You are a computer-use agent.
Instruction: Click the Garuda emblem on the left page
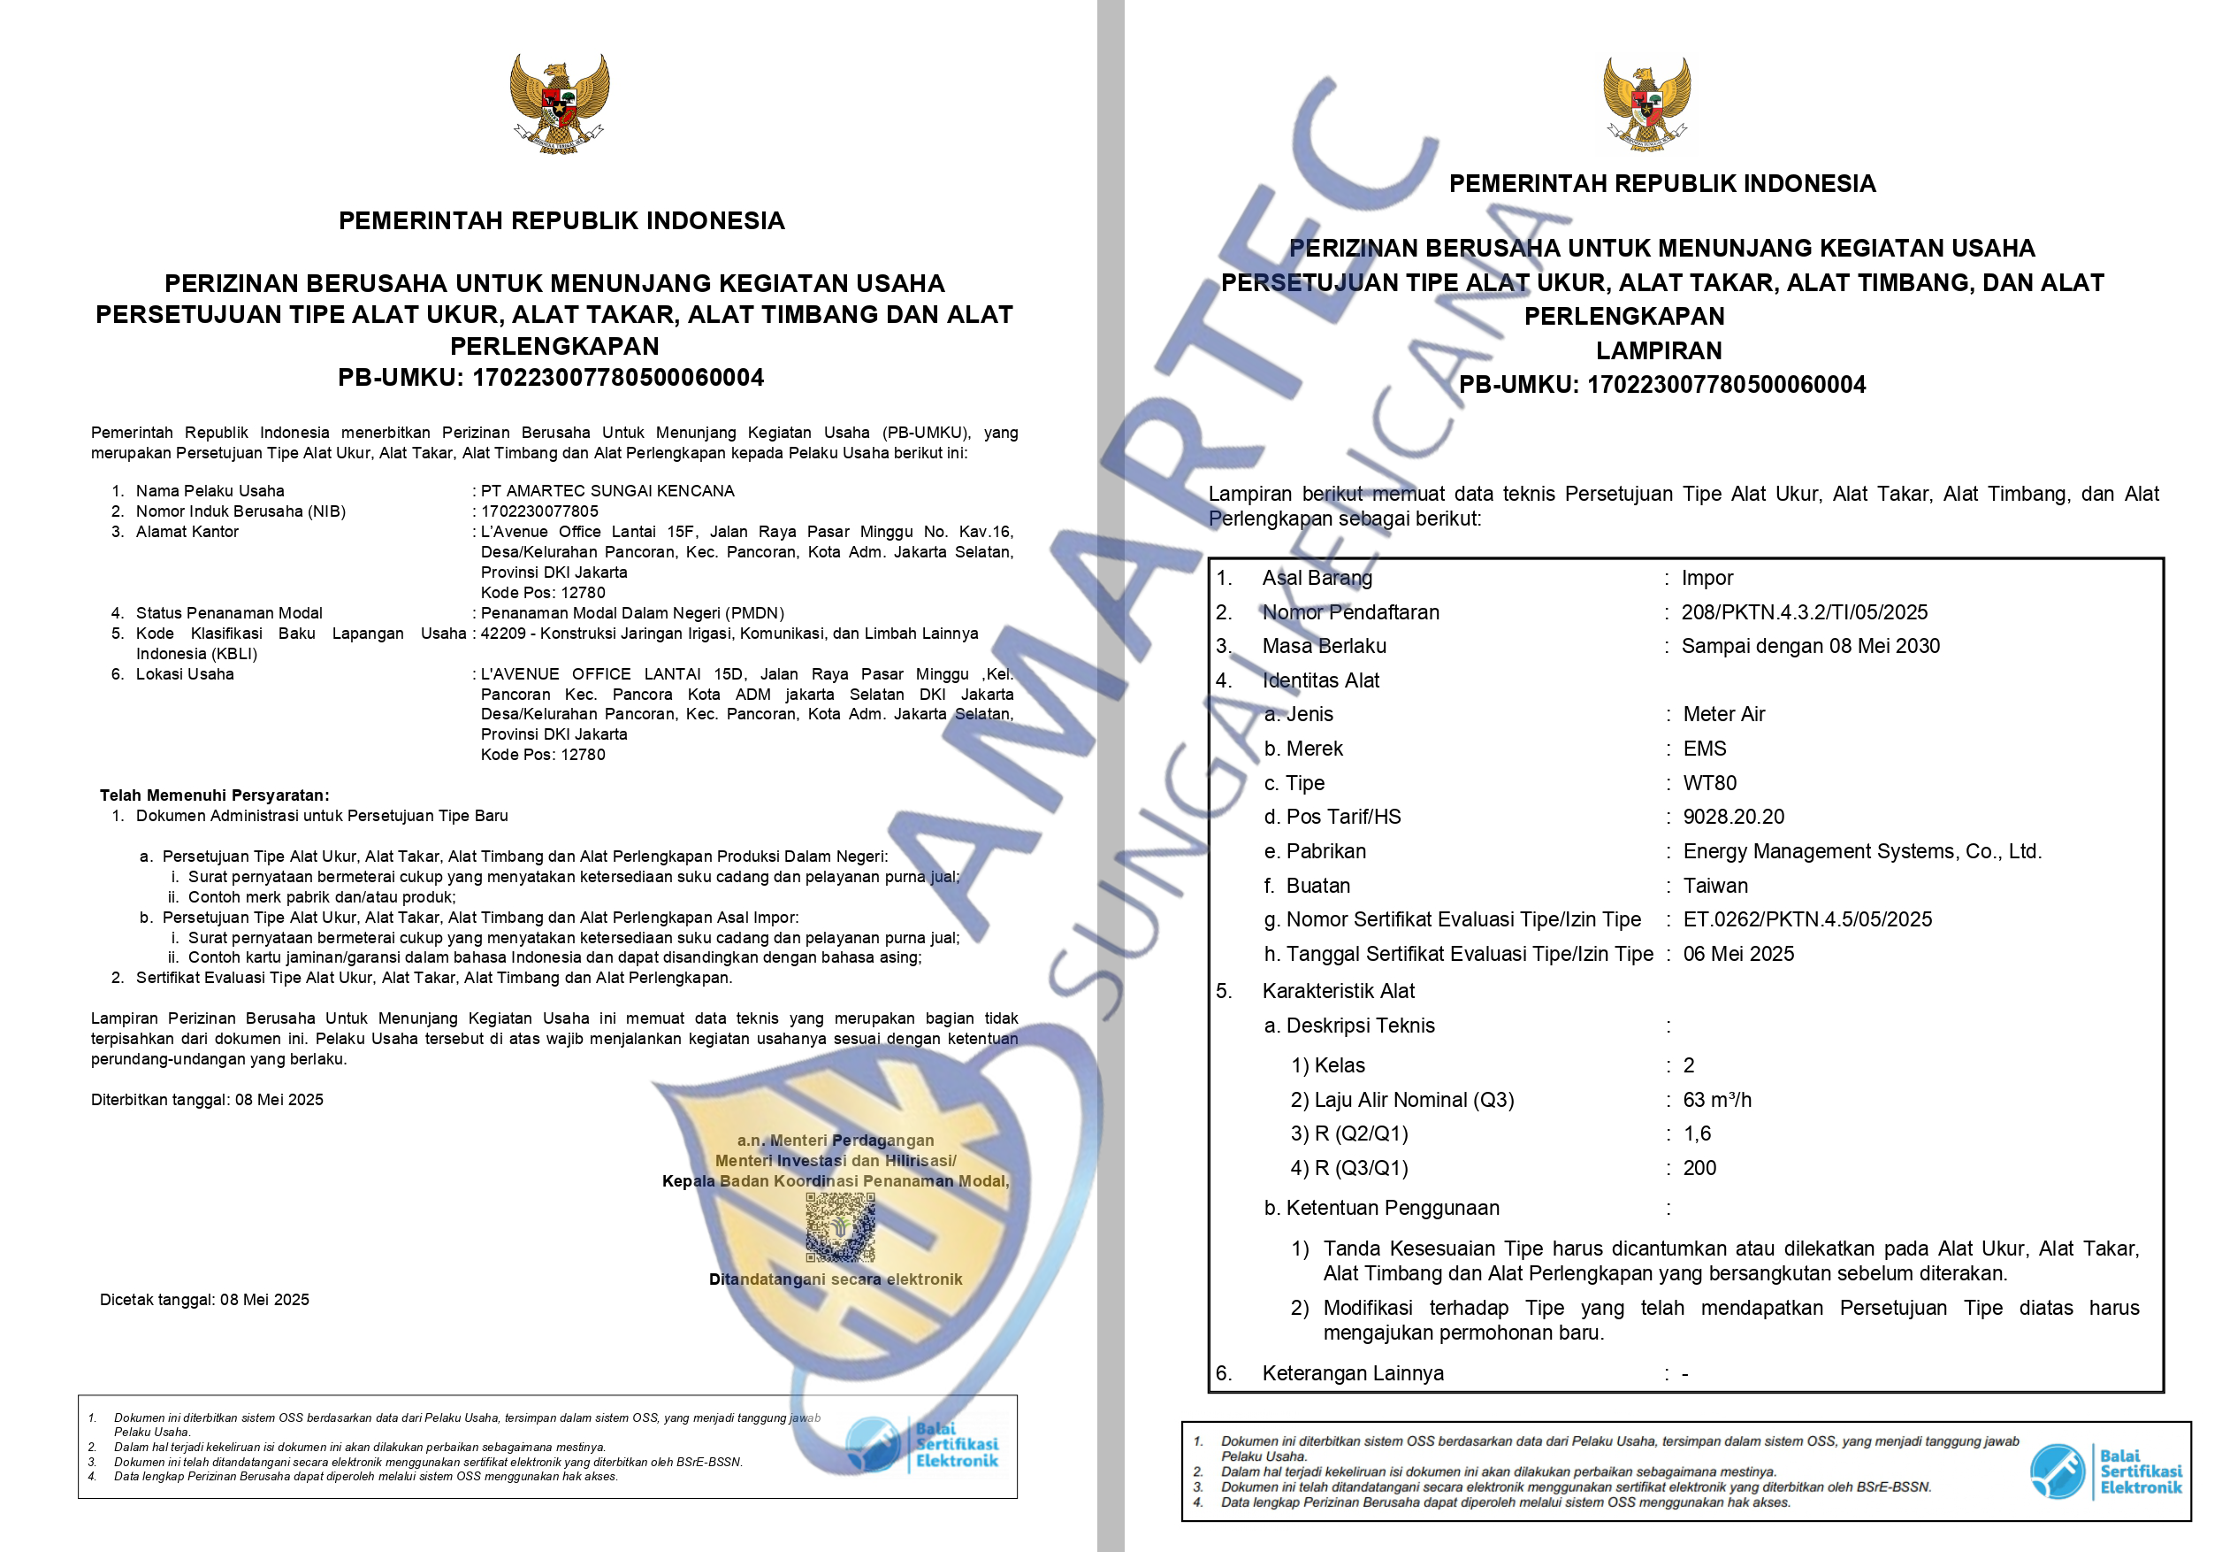coord(560,103)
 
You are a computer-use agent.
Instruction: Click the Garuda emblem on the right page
coord(1646,104)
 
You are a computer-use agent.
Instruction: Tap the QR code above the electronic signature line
coord(840,1226)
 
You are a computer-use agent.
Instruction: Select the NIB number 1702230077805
coord(539,511)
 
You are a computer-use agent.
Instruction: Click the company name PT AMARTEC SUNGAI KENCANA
coord(607,491)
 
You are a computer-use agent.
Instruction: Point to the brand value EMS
coord(1704,749)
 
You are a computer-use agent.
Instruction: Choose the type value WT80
coord(1709,782)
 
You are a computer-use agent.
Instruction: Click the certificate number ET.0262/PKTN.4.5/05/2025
coord(1806,918)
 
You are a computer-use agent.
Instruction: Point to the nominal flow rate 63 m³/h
coord(1717,1100)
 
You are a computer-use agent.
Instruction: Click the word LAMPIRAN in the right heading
coord(1659,350)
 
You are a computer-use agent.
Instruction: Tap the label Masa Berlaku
coord(1324,646)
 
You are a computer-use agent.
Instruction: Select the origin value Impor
coord(1707,578)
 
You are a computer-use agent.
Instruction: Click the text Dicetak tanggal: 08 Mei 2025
coord(204,1299)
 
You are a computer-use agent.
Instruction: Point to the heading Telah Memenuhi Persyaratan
coord(214,795)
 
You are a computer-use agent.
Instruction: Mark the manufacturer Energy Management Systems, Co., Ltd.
coord(1862,851)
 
